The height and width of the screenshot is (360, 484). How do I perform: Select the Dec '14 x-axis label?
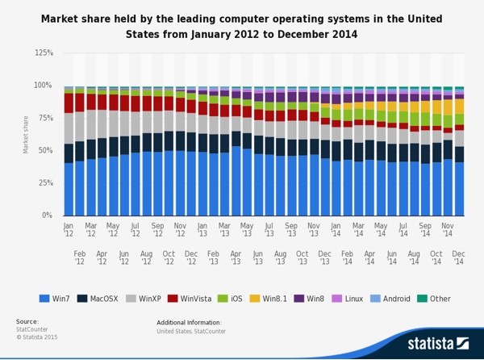click(x=459, y=257)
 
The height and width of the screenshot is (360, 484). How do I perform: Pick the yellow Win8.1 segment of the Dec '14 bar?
click(x=459, y=106)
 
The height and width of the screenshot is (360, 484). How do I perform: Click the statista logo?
click(x=436, y=343)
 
